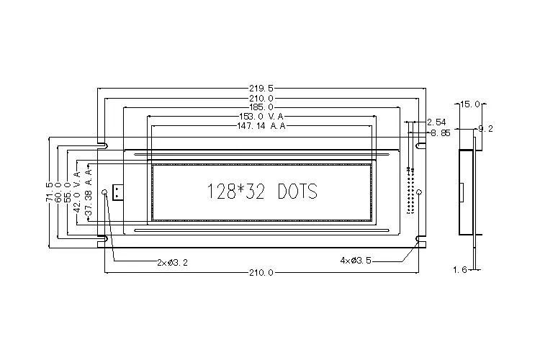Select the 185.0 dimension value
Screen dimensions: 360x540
261,107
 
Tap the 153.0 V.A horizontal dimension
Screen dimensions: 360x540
261,116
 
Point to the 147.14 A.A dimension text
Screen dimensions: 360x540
261,125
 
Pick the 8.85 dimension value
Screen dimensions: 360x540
440,133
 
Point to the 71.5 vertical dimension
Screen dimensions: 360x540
49,192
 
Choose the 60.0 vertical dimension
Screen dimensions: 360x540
59,192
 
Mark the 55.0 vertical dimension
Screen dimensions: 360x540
69,192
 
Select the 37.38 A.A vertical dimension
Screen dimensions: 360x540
89,192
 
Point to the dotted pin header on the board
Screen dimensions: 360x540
410,192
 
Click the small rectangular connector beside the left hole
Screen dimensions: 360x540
117,192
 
